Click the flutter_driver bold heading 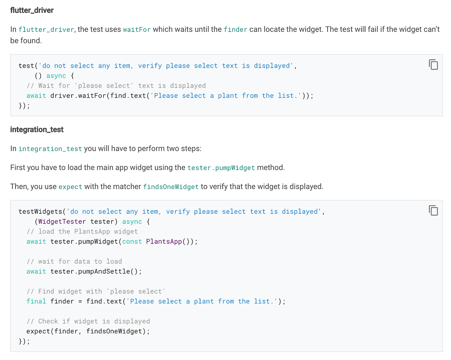pos(32,10)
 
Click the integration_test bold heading pos(37,129)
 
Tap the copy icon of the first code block pos(433,64)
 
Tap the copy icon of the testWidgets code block pos(433,210)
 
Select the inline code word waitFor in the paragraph pos(137,30)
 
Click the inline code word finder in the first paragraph pos(235,30)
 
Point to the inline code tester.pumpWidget pos(221,168)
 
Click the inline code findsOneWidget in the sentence pos(171,187)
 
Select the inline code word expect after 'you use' pos(70,187)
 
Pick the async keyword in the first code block pos(56,76)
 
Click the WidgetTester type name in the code pos(62,222)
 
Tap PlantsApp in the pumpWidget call pos(164,242)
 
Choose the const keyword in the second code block pos(132,242)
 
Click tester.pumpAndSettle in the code pos(90,271)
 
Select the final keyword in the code pos(36,301)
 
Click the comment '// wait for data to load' pos(74,261)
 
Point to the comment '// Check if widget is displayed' pos(88,321)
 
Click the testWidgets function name pos(40,212)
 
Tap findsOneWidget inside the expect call pos(114,331)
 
